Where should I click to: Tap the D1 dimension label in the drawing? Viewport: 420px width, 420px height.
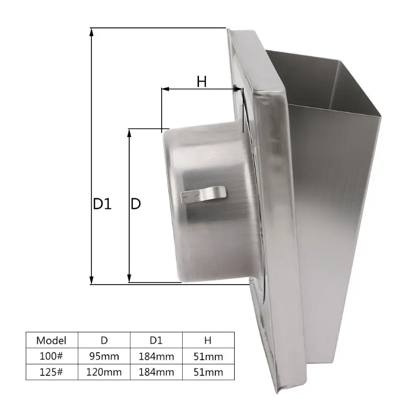[102, 204]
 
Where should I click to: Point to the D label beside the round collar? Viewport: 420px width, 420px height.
[135, 204]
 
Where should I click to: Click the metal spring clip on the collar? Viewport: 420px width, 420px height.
[204, 194]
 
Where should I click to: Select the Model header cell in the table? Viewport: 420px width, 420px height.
[51, 340]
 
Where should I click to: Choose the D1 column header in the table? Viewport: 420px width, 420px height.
[156, 340]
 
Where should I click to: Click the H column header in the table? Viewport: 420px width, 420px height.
[208, 340]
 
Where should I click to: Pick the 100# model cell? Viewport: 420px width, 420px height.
[51, 356]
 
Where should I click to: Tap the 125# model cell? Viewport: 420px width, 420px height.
[51, 373]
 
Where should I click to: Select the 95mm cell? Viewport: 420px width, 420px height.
[104, 356]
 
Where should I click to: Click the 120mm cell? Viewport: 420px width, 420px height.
[104, 373]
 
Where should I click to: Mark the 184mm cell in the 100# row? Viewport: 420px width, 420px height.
[156, 356]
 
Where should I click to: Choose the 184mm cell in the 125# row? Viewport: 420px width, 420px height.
[156, 373]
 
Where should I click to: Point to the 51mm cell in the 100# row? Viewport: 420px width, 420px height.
[208, 356]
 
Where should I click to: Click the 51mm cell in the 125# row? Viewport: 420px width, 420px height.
[208, 373]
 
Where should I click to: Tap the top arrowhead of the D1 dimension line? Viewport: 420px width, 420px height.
[92, 31]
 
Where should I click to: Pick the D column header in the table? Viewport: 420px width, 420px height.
[104, 340]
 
